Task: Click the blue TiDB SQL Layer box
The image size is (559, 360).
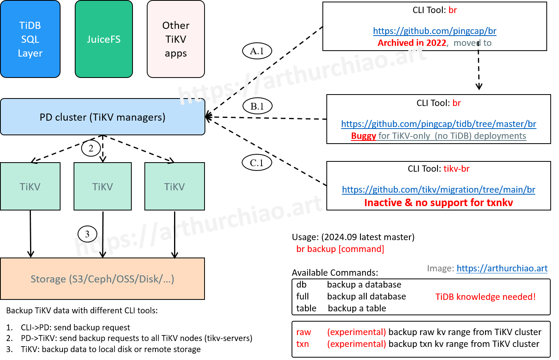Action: (30, 39)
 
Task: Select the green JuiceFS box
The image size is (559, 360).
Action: (104, 39)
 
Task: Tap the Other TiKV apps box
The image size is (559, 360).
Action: (176, 39)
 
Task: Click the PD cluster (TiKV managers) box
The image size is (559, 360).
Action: (102, 117)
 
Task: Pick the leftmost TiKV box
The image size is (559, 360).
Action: (30, 186)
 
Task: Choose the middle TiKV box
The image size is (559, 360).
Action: (102, 186)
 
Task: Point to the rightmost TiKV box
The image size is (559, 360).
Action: (174, 186)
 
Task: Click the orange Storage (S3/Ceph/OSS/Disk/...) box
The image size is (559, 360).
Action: (102, 279)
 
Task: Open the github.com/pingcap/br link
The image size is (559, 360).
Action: (434, 31)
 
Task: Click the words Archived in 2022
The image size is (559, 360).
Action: (412, 43)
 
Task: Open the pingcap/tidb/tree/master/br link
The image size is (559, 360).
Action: (439, 124)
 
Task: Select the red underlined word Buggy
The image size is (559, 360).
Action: (363, 136)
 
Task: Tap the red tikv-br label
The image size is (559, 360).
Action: (457, 169)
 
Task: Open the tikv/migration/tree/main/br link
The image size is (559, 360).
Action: (438, 189)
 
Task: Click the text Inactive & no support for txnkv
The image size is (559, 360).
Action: (438, 203)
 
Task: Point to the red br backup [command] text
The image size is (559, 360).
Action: (340, 249)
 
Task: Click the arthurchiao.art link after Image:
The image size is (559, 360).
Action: (502, 268)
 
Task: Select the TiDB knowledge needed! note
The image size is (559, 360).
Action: (485, 297)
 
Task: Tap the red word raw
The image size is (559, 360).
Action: (303, 332)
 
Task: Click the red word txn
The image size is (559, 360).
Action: (303, 344)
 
